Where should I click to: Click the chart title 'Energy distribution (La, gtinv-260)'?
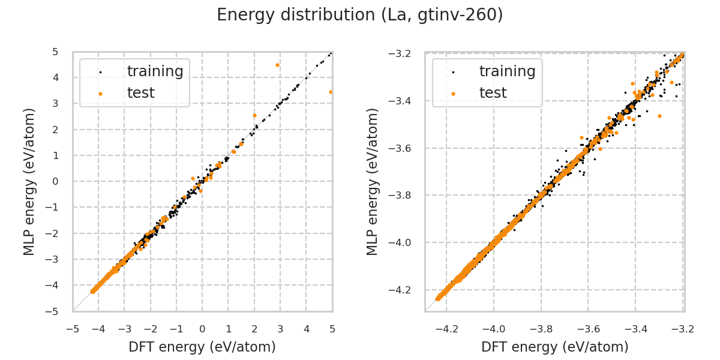359,15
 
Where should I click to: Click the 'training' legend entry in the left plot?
155,71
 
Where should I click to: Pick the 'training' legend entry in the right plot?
507,71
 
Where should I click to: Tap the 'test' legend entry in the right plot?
493,93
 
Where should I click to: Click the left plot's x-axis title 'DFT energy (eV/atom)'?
202,347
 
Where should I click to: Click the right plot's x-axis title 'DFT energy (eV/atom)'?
554,347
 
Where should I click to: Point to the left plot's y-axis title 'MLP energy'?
29,181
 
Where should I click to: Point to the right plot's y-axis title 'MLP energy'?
373,181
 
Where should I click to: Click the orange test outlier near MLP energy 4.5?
277,65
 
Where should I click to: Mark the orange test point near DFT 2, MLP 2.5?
254,115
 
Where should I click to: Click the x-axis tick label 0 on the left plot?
202,329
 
